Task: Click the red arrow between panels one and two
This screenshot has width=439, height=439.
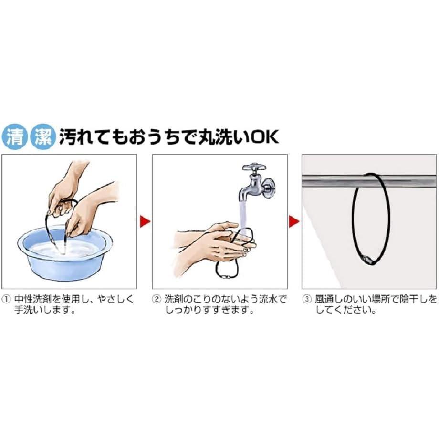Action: coord(145,221)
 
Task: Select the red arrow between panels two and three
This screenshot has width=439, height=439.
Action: coord(294,221)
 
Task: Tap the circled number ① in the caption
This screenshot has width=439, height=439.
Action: coord(6,299)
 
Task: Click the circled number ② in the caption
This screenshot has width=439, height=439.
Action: coord(156,299)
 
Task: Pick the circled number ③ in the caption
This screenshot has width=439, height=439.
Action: coord(306,299)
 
